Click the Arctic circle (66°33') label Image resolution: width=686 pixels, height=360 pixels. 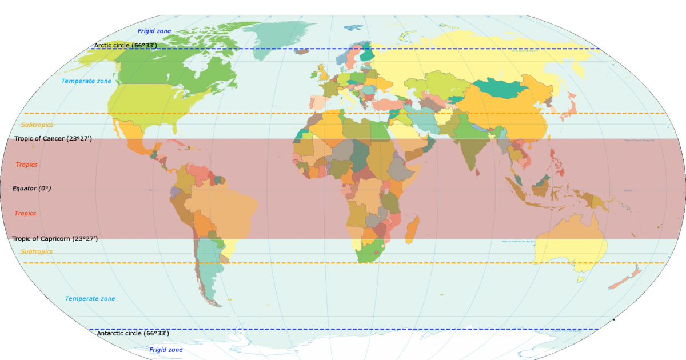(x=125, y=45)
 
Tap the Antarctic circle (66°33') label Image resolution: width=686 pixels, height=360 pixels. (x=133, y=333)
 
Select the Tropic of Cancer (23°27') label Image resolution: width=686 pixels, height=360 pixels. (x=53, y=139)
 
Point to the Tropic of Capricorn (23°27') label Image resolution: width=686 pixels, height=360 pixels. (x=55, y=239)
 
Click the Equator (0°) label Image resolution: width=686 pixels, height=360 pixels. (x=31, y=188)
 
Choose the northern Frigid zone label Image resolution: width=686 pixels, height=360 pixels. (x=154, y=31)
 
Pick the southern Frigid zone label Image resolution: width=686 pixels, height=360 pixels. (x=166, y=350)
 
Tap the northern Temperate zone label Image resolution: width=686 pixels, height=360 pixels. (x=86, y=81)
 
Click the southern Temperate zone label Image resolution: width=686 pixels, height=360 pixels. (x=90, y=299)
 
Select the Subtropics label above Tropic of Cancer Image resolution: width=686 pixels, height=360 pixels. (x=37, y=125)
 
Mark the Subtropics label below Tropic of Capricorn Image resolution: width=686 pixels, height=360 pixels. (x=37, y=251)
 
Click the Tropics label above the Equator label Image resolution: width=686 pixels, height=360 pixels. (x=26, y=165)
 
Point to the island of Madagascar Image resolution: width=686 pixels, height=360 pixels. (x=412, y=229)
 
